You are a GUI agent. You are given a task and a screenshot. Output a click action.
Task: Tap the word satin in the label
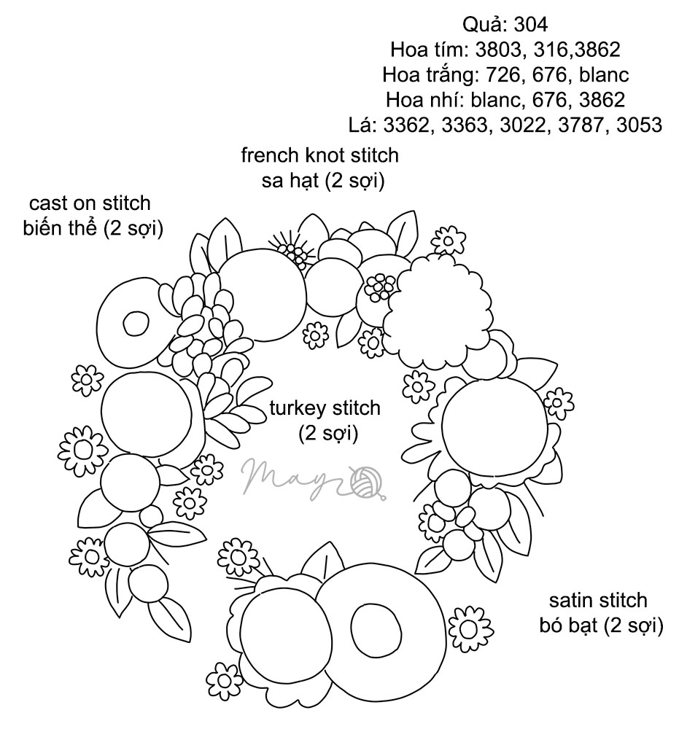(x=570, y=600)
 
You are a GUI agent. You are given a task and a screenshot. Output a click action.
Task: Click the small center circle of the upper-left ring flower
(x=135, y=322)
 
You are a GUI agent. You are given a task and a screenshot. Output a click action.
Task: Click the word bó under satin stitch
(x=551, y=625)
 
